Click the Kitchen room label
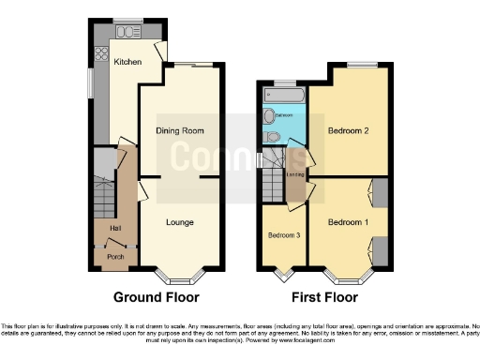pos(127,62)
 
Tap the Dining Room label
pos(180,131)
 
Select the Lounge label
pos(180,223)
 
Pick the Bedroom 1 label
pos(347,223)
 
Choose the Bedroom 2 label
pos(347,131)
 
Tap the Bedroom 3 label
pos(283,235)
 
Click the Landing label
pos(293,172)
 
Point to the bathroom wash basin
pos(269,116)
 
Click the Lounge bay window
pos(178,277)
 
